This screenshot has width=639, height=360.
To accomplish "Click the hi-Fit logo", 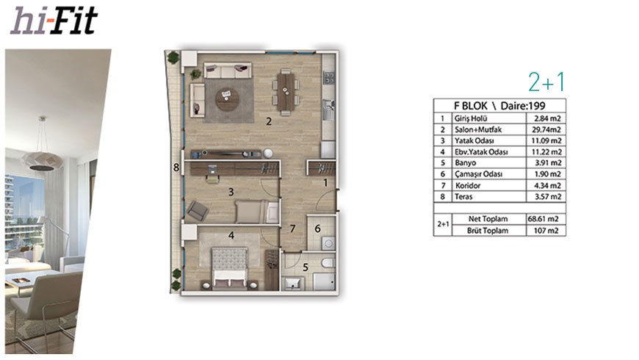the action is [x=54, y=21].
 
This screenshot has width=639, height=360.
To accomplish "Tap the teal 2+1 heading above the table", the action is [x=546, y=82].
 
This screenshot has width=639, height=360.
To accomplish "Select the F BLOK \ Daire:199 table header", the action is [x=499, y=106].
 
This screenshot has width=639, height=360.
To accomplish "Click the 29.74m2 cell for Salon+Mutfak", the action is [x=546, y=129].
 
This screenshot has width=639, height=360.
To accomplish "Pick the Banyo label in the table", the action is [x=466, y=162].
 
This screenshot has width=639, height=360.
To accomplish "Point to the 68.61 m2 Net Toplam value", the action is [x=544, y=218].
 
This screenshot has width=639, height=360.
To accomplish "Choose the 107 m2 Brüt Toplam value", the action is [x=546, y=231].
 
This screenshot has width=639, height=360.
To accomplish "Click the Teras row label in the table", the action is [x=463, y=196].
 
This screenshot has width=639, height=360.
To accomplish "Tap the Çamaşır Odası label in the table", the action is [x=478, y=174].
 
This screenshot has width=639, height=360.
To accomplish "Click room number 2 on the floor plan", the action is [x=269, y=121].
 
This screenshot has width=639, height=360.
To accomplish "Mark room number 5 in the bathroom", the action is [x=306, y=267].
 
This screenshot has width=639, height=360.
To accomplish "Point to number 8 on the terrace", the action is [x=176, y=168].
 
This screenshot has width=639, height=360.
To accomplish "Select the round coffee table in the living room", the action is [x=228, y=99].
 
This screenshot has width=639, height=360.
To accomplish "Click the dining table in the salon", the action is [x=286, y=92].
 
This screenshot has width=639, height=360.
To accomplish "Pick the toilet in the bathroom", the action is [x=328, y=262].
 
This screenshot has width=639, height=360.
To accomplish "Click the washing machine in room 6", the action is [x=328, y=243].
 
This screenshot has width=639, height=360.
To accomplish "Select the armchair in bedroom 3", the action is [x=198, y=210].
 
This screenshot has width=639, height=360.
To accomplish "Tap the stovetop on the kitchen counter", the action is [x=329, y=77].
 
